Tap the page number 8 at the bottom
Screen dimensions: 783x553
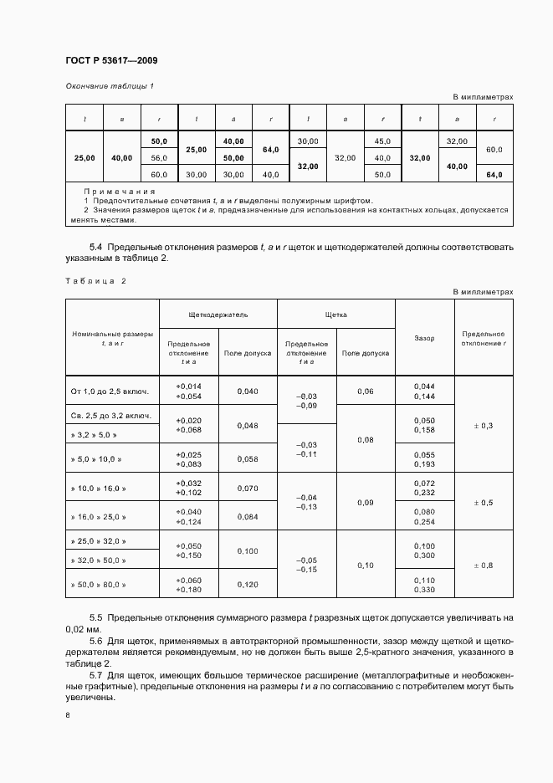tap(67, 715)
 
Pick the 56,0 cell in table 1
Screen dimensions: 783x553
tap(159, 157)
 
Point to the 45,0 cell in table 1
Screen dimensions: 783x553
tap(382, 141)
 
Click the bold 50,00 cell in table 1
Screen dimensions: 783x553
tap(233, 157)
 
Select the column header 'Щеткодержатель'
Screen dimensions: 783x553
tap(218, 315)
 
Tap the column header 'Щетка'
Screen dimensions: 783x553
tap(335, 315)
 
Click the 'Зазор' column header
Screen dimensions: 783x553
tap(424, 338)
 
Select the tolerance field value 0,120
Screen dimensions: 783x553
tap(248, 585)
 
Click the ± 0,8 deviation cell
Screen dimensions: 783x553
tap(483, 565)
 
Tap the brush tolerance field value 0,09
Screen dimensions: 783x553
tap(366, 503)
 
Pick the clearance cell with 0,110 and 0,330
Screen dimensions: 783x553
tap(424, 585)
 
